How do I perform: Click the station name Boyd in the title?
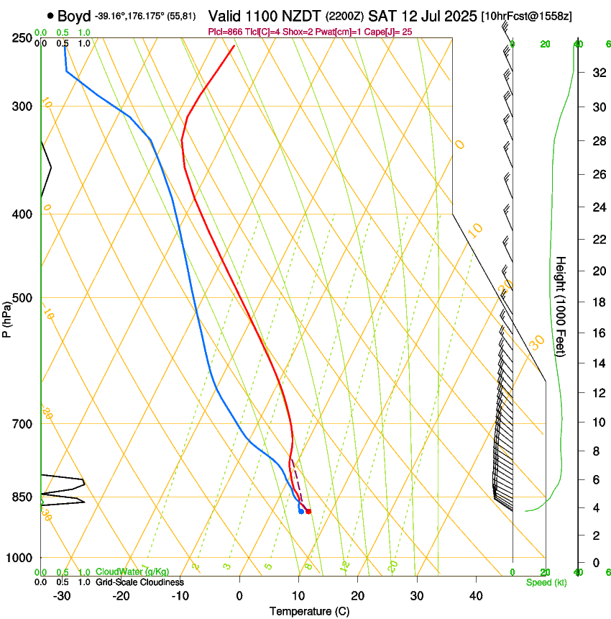coord(74,15)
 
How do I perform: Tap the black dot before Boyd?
coord(50,15)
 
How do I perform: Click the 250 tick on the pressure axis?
coord(22,37)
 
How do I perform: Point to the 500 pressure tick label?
coord(22,298)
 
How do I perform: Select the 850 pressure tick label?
coord(22,497)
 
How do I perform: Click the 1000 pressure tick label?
coord(20,558)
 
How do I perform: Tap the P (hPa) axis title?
coord(6,317)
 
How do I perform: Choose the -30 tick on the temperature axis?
coord(62,595)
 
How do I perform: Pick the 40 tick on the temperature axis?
coord(476,595)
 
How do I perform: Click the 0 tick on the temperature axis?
coord(239,595)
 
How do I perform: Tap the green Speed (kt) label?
coord(546,582)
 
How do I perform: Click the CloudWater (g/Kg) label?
coord(128,572)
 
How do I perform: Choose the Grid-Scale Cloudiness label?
coord(139,582)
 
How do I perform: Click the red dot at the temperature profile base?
coord(308,512)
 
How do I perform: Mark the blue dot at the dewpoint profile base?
coord(300,512)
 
